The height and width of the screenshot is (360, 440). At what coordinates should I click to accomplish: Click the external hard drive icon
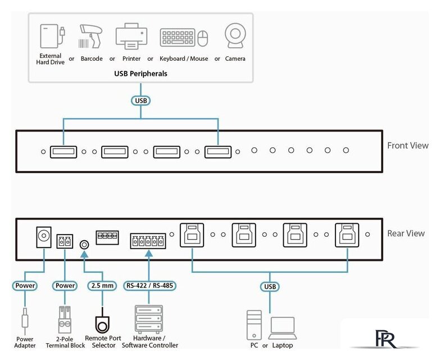52,36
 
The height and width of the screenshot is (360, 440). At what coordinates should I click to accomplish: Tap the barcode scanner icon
90,37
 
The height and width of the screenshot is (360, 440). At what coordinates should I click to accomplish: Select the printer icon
131,36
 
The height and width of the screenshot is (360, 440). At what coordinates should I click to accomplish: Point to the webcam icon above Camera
235,35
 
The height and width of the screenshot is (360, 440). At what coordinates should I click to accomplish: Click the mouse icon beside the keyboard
203,38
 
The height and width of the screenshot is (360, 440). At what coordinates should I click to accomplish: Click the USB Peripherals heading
140,74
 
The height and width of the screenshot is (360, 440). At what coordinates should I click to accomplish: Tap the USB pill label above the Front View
141,101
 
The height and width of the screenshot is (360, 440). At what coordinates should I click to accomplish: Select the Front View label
408,146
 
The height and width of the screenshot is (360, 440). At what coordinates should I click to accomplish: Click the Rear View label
406,233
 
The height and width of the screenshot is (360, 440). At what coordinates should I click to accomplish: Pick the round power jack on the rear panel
44,237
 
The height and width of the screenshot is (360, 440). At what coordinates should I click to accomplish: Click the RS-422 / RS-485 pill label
149,286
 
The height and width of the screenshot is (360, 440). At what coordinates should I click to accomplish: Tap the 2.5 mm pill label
102,286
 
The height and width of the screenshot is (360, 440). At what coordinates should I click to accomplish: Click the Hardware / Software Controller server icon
149,319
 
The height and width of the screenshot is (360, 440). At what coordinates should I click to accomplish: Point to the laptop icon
283,328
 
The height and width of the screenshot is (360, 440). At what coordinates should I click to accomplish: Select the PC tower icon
254,325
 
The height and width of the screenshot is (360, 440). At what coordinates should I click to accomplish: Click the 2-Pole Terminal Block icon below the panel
65,319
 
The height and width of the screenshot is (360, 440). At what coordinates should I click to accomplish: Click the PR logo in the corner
386,339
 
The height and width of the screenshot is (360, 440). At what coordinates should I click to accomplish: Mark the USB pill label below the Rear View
270,286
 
